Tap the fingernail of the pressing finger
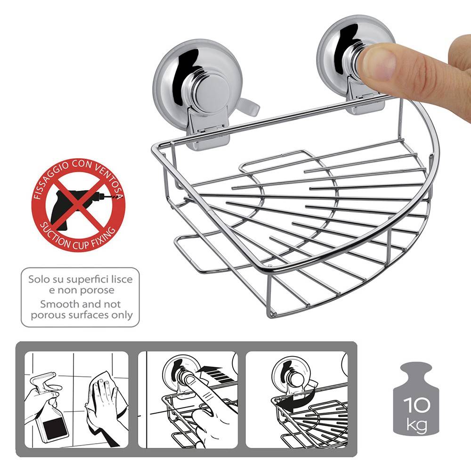pyautogui.click(x=379, y=64)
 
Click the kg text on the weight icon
pyautogui.click(x=417, y=424)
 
